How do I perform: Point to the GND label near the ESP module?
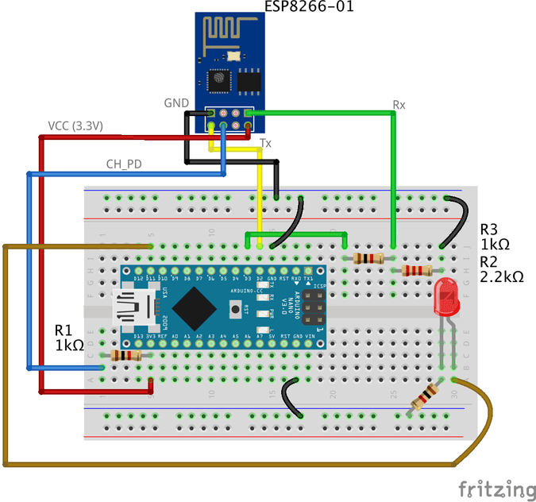175,103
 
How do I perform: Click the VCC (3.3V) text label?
76,126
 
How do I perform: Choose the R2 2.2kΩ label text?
501,269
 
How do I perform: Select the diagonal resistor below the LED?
422,397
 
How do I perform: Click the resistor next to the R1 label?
124,355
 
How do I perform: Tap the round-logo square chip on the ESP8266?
218,79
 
